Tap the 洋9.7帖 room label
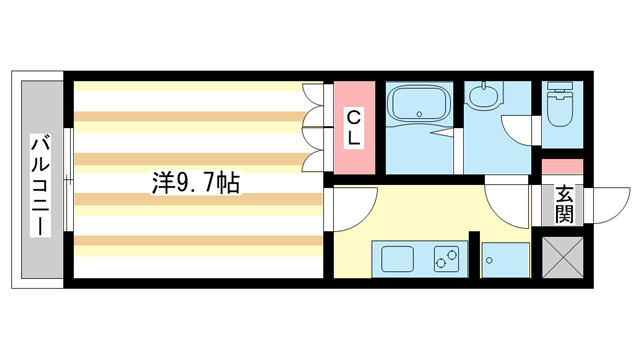(x=196, y=183)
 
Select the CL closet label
(x=354, y=128)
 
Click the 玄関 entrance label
(x=564, y=204)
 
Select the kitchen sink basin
(x=391, y=258)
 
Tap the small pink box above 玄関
(x=561, y=166)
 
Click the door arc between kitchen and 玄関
(x=508, y=205)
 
